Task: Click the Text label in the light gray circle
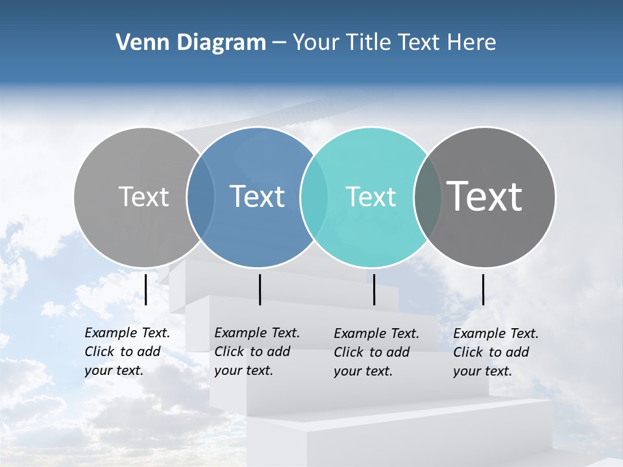point(143,197)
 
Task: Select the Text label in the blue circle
point(257,197)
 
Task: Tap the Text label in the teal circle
point(371,197)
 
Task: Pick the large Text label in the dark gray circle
point(485,196)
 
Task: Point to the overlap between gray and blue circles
point(201,197)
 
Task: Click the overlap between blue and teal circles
point(314,197)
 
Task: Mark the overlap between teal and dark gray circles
point(427,197)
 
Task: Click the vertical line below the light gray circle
point(145,289)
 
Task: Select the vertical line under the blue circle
point(260,289)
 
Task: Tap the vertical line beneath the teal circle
point(374,289)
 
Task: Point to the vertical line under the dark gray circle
point(483,289)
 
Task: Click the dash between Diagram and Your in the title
point(279,43)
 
